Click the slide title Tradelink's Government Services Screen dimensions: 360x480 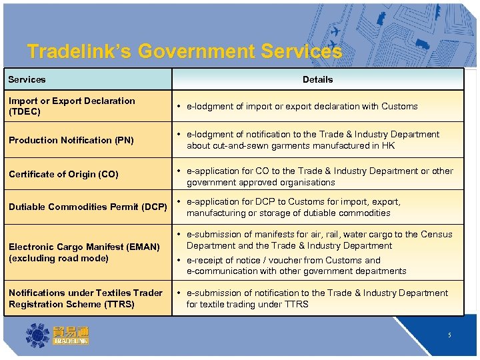pos(185,52)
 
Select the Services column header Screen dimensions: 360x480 pos(27,79)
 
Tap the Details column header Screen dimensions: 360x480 pos(317,79)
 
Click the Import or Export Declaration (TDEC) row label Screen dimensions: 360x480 pos(71,106)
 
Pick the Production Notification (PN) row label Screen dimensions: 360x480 pos(71,140)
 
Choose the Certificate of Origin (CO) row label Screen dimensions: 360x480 pos(63,174)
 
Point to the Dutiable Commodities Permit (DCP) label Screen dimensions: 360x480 pos(87,207)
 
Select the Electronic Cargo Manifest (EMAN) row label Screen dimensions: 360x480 pos(84,252)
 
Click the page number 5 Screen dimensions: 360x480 pos(449,335)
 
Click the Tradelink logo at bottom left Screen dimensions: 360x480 pos(57,335)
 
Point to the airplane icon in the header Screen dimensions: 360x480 pos(335,32)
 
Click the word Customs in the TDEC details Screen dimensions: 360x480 pos(401,106)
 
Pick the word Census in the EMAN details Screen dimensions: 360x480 pos(438,234)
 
